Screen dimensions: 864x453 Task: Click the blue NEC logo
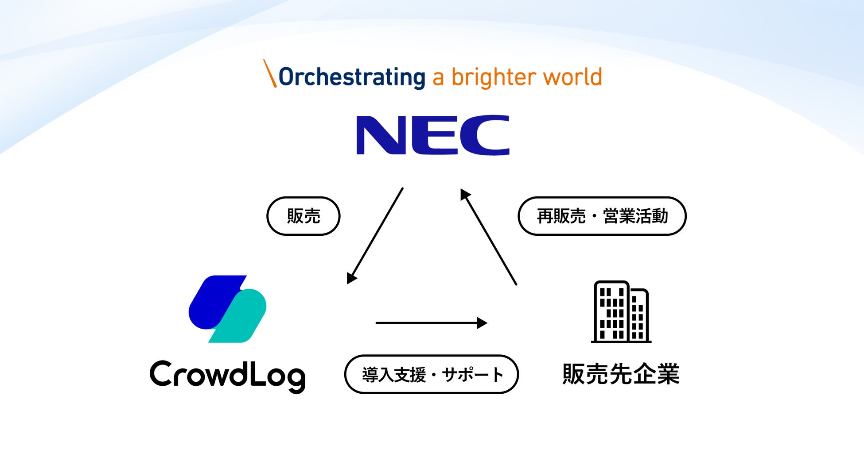click(x=432, y=135)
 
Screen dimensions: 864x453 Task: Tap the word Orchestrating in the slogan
click(x=352, y=77)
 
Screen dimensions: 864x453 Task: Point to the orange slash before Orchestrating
click(x=270, y=73)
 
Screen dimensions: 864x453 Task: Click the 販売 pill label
click(x=304, y=216)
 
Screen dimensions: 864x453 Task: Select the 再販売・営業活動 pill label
click(x=602, y=216)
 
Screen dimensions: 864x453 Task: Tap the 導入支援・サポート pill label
click(x=432, y=374)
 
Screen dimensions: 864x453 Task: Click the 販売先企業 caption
click(x=621, y=374)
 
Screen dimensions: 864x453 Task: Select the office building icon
click(x=621, y=312)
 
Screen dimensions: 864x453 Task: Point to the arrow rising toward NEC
click(x=488, y=237)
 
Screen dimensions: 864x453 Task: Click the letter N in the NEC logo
click(x=381, y=135)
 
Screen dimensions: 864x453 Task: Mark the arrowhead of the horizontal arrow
click(x=482, y=323)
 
